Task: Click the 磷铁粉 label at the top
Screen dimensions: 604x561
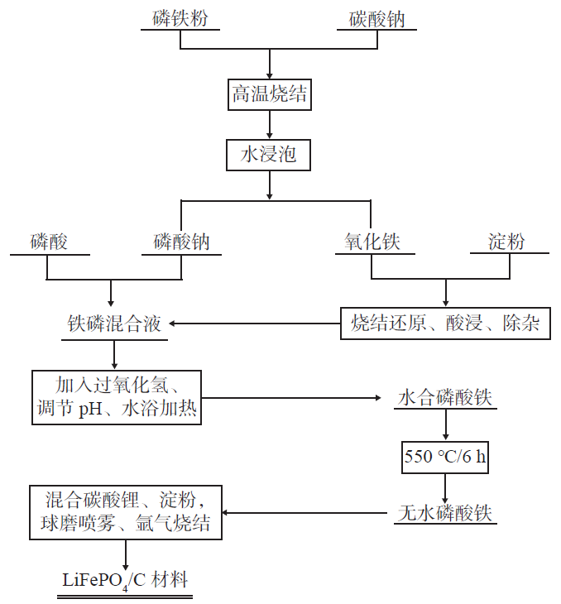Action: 180,17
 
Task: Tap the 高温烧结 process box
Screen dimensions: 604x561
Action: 269,94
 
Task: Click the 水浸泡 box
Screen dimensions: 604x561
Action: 269,154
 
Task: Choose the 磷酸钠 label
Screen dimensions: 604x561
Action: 181,242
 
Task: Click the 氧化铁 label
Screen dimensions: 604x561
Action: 372,242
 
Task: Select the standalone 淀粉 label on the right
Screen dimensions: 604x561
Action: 506,242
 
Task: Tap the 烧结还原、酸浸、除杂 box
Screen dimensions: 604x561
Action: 445,324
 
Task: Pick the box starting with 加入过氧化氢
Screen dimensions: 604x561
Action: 116,397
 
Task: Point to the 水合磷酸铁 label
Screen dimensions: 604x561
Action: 445,398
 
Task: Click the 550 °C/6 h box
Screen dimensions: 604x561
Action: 445,456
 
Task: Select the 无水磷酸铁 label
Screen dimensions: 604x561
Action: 445,513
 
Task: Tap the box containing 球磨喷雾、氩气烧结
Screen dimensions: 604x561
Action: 126,512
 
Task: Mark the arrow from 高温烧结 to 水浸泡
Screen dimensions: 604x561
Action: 269,124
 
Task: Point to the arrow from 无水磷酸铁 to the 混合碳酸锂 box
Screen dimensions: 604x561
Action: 306,513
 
